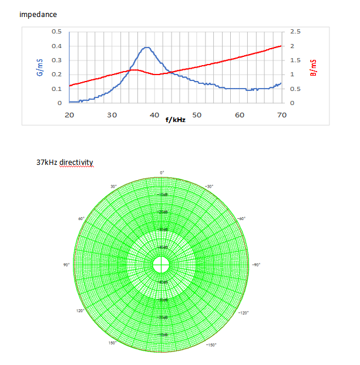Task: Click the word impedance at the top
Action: [x=38, y=13]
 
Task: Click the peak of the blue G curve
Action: [x=147, y=48]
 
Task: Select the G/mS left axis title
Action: [x=39, y=67]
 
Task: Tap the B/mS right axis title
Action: [x=313, y=67]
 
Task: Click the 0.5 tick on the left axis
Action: [x=56, y=32]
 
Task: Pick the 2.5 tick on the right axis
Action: [x=295, y=32]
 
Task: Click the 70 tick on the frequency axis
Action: [x=281, y=115]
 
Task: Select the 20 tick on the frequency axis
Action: [x=69, y=115]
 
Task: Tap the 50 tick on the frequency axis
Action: [x=197, y=115]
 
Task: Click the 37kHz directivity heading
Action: [x=65, y=162]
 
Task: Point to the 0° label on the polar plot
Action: [x=162, y=173]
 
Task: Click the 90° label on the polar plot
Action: [x=67, y=265]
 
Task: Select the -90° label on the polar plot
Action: [x=256, y=265]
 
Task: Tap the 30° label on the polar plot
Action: [x=113, y=186]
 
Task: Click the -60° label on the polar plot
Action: [x=241, y=218]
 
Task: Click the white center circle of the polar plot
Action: [x=161, y=265]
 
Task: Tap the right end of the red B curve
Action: [x=281, y=46]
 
